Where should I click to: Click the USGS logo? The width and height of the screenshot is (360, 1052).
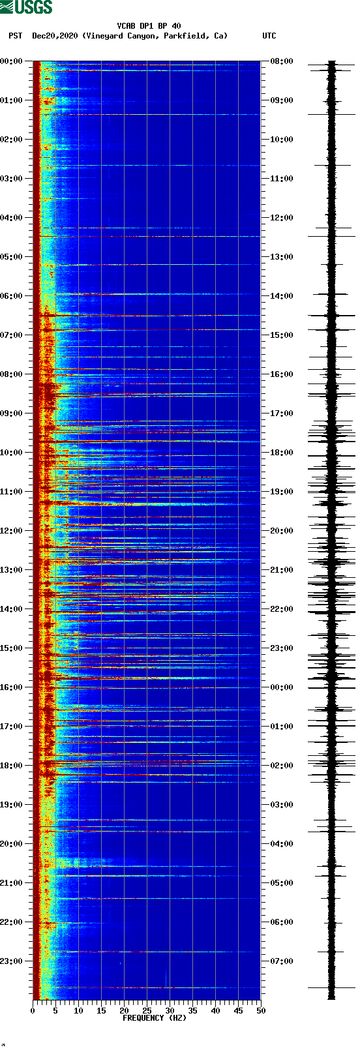click(26, 7)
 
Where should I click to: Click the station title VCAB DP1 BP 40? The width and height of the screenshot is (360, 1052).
click(149, 26)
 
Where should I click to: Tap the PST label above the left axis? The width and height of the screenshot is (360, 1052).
click(16, 36)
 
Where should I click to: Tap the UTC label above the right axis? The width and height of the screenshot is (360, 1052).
click(269, 36)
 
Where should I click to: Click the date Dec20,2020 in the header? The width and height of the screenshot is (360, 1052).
click(55, 36)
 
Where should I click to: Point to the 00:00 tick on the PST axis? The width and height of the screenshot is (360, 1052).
click(12, 61)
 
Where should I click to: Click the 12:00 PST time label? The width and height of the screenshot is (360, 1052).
click(12, 531)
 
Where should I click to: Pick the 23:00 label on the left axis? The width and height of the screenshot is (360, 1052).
click(12, 961)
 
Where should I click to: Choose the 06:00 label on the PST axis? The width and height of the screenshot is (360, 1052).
click(12, 296)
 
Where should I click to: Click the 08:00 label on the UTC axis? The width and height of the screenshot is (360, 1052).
click(281, 61)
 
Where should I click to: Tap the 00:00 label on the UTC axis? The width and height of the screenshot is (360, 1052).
click(281, 687)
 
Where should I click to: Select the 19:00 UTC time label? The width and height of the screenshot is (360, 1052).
click(281, 492)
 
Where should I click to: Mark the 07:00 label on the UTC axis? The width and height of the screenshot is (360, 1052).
click(281, 961)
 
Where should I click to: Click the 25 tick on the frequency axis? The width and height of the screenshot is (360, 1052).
click(147, 1011)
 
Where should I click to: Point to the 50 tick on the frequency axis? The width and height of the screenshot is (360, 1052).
click(261, 1011)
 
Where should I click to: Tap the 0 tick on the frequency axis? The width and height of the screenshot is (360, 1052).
click(33, 1011)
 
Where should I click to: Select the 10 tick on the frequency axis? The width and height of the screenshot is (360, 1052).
click(78, 1011)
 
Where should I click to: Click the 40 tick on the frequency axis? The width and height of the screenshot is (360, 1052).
click(215, 1011)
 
